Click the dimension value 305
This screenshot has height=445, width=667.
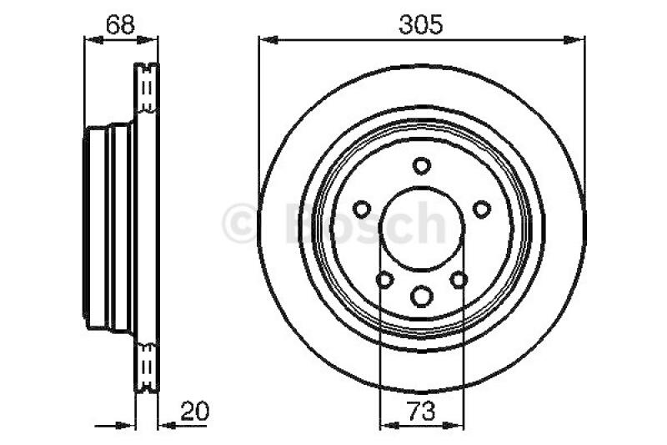pyautogui.click(x=421, y=24)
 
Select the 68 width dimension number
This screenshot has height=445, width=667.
pyautogui.click(x=120, y=25)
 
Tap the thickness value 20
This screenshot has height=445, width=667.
pyautogui.click(x=195, y=412)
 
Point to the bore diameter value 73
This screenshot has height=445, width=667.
pyautogui.click(x=422, y=412)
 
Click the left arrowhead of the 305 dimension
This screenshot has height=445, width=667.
pyautogui.click(x=268, y=40)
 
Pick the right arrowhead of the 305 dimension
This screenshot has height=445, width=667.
pyautogui.click(x=574, y=40)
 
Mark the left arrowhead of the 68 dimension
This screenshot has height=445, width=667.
pyautogui.click(x=94, y=40)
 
